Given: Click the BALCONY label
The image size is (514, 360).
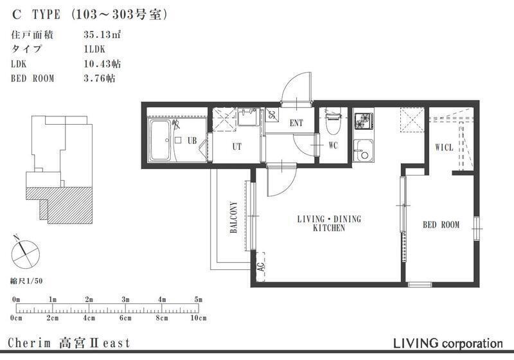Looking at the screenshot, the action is tap(234, 217).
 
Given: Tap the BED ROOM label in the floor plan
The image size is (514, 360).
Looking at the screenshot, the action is tap(441, 225).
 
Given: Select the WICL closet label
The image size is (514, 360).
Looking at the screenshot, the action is tap(444, 147).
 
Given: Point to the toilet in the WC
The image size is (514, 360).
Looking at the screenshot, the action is tap(333, 123).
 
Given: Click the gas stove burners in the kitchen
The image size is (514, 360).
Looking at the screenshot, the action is tap(363, 120).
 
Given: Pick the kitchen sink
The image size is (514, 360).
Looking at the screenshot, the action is tap(363, 150).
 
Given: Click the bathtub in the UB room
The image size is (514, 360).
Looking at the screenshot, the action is tap(160, 140).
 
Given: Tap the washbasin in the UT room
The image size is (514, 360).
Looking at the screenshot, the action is tap(249, 117).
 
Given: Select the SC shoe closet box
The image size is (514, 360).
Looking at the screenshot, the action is tap(272, 115).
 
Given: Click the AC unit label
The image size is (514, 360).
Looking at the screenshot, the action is tap(260, 267).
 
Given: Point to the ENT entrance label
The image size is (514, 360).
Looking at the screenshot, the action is tap(296, 123).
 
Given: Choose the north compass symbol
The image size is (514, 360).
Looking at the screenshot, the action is tap(25, 253).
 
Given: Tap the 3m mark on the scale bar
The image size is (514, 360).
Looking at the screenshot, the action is tap(125, 300).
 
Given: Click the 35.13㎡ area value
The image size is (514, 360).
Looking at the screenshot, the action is tap(102, 35).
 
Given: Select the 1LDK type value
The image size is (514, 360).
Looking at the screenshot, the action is tap(94, 50).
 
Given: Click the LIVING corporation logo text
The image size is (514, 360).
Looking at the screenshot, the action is tap(448, 343).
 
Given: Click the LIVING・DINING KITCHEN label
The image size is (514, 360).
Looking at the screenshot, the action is tap(329, 223).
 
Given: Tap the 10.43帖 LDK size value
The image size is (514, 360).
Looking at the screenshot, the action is tap(102, 64).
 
